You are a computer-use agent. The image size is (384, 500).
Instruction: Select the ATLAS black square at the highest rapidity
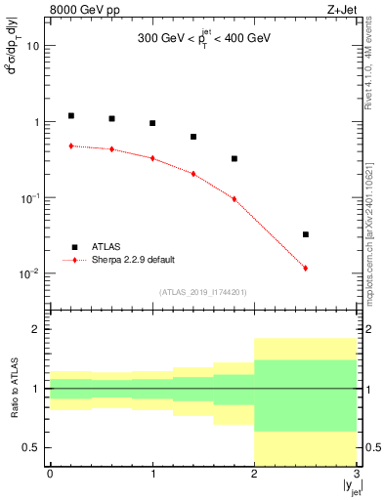click(306, 234)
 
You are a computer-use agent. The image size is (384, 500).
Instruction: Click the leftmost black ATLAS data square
click(71, 115)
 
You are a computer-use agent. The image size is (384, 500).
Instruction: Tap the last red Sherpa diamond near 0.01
click(306, 268)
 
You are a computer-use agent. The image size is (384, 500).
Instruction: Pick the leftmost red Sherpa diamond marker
click(71, 146)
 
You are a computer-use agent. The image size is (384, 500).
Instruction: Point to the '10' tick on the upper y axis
click(32, 46)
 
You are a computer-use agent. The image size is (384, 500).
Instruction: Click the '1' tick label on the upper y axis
click(36, 122)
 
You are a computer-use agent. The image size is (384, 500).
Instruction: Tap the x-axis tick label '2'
click(255, 473)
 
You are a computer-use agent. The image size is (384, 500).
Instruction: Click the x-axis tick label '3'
click(357, 473)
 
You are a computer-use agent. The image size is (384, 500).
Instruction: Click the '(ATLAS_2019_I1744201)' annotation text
click(203, 291)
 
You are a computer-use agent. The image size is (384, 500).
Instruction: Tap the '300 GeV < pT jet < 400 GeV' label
click(203, 41)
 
